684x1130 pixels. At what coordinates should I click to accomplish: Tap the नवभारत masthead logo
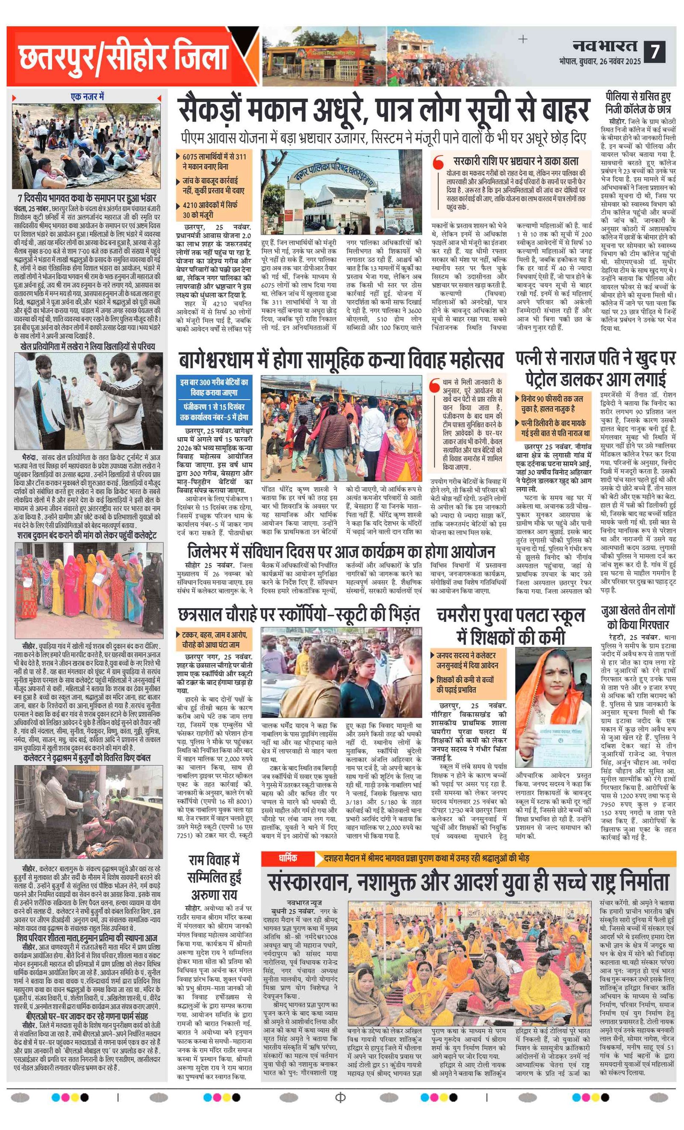click(x=604, y=46)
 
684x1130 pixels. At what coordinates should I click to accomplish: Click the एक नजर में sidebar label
click(x=87, y=97)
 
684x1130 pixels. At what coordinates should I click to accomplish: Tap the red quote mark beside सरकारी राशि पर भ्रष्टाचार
click(x=439, y=162)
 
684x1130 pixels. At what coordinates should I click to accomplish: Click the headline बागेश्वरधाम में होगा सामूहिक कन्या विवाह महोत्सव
click(x=341, y=360)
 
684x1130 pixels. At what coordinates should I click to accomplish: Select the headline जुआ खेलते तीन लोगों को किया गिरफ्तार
click(x=638, y=618)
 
